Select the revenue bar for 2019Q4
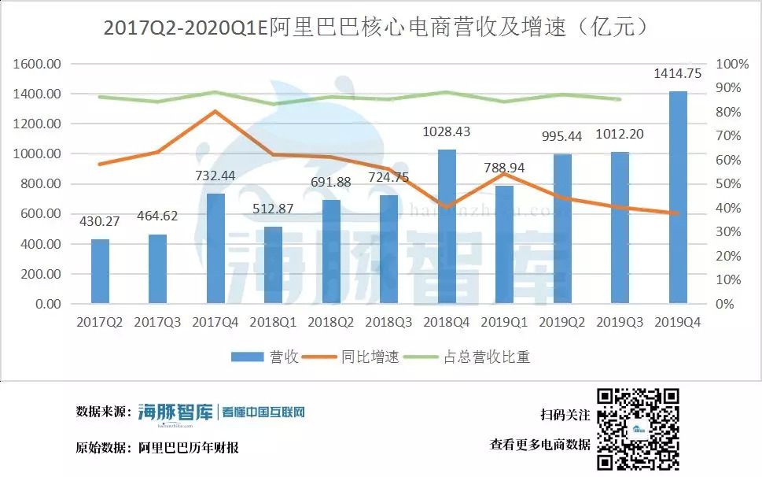coord(678,197)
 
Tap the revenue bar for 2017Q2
coord(100,271)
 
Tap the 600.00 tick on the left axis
coord(41,214)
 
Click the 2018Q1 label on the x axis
coord(273,323)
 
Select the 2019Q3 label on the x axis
coord(620,323)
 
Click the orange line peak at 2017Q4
coord(215,111)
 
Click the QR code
coord(637,429)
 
